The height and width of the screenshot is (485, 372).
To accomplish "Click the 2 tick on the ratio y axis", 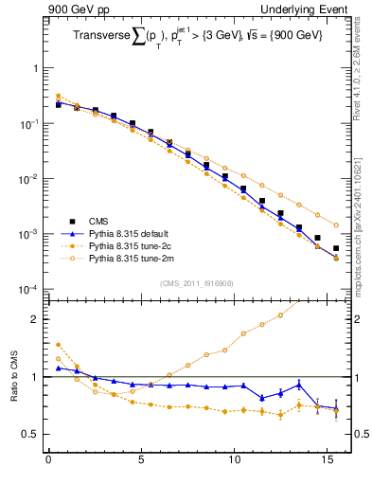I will [x=34, y=319].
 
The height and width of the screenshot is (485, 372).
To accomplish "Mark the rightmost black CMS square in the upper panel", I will [x=336, y=248].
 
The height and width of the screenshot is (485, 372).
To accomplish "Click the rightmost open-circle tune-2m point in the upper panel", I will [x=336, y=225].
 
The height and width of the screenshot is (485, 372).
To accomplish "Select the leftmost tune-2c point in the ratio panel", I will [x=58, y=345].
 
